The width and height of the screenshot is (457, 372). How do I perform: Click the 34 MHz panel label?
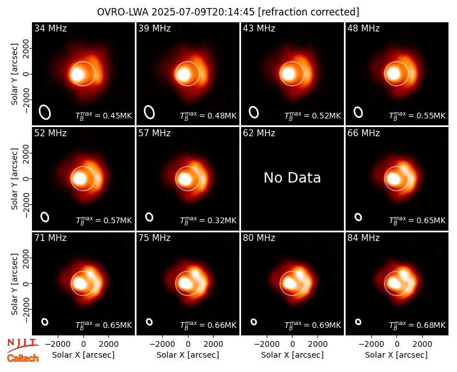[x=50, y=28]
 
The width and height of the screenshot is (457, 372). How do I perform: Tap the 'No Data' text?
[x=292, y=177]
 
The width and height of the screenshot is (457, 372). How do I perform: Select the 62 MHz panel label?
[x=259, y=133]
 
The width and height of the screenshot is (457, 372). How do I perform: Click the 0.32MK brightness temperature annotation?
[x=209, y=220]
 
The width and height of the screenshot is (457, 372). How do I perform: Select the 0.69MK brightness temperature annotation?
[x=312, y=324]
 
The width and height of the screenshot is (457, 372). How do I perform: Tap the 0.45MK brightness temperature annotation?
[x=104, y=116]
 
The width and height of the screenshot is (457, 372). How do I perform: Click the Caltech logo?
[x=23, y=358]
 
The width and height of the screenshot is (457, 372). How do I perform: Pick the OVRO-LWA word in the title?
[x=123, y=12]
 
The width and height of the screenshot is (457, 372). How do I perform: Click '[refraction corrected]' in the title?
[x=308, y=12]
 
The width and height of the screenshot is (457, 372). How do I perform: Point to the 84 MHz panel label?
[x=363, y=238]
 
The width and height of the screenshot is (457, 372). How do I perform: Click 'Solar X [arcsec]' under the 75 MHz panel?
[x=188, y=355]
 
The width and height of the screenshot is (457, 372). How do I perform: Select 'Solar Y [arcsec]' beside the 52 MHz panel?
[x=14, y=179]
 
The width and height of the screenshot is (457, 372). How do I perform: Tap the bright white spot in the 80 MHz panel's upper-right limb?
[x=299, y=274]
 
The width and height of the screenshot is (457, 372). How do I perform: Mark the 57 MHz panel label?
[x=154, y=133]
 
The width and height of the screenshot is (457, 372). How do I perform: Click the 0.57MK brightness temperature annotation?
[x=104, y=220]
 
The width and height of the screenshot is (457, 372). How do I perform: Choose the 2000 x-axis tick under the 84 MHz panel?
[x=422, y=345]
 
